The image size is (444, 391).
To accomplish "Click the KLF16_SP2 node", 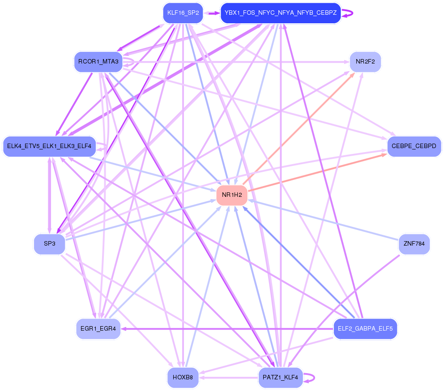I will [x=183, y=13].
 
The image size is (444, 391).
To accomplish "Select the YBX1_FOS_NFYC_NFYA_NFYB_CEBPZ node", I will [x=281, y=13].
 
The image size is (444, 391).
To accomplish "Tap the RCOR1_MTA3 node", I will [x=98, y=62].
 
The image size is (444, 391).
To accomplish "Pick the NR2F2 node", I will [x=365, y=62].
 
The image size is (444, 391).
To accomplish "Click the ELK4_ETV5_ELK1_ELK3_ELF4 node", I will [x=49, y=146].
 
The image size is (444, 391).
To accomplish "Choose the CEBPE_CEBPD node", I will [x=414, y=146].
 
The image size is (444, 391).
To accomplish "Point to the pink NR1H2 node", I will [x=232, y=195].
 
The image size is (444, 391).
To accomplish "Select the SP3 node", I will [x=49, y=244].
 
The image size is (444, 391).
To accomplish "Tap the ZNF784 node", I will [x=414, y=244].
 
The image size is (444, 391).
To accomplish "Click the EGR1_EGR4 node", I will [x=98, y=329].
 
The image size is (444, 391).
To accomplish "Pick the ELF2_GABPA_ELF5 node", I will [x=365, y=329].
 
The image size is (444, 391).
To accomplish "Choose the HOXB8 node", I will [x=183, y=378].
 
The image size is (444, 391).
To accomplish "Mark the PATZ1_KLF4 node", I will [x=281, y=378].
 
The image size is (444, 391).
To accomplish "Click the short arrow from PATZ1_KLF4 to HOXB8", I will [x=228, y=378].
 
